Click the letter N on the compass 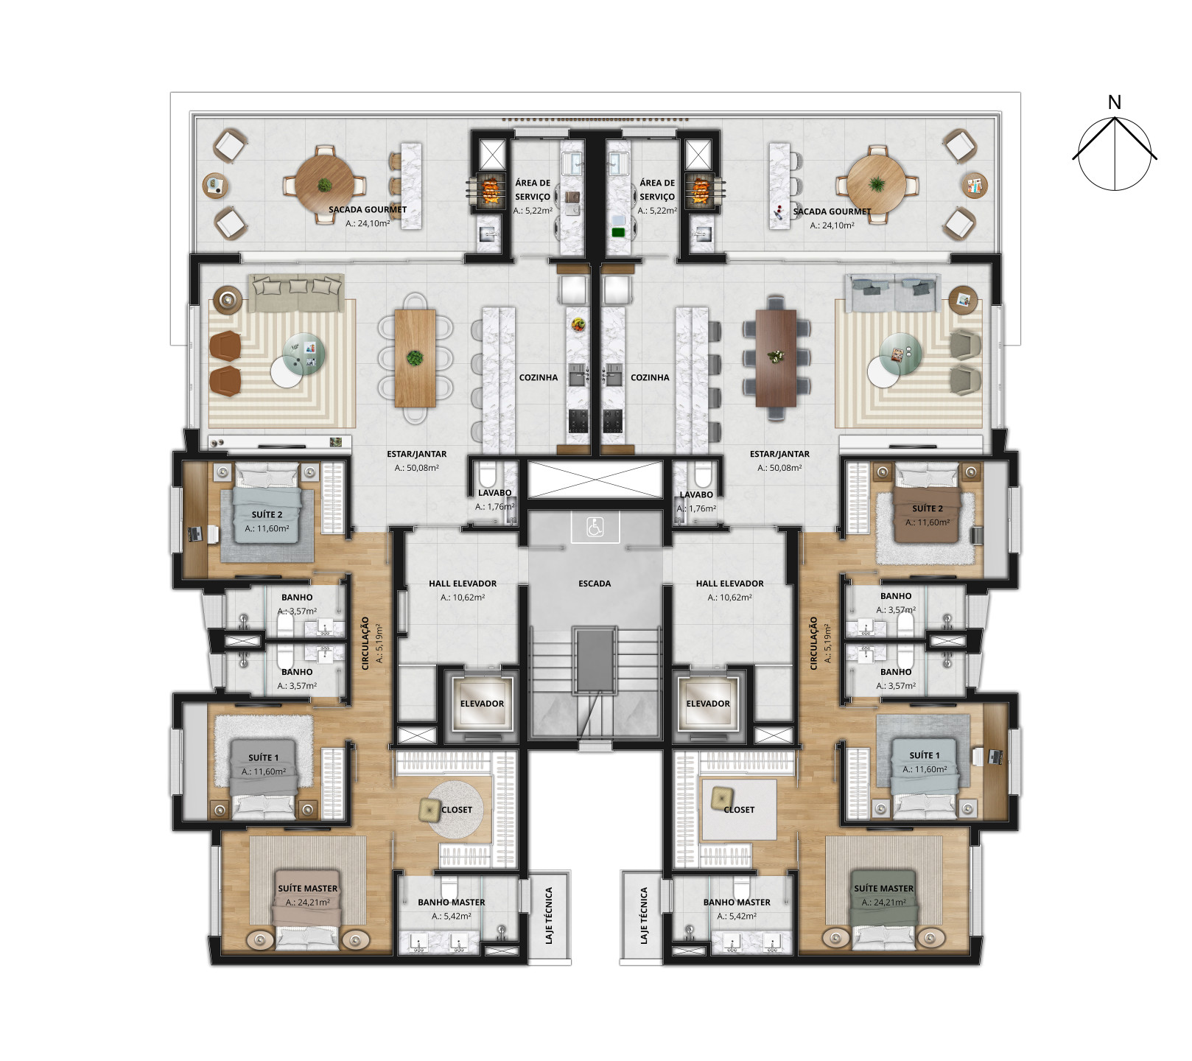(1115, 103)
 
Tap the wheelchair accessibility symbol (595, 528)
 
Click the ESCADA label (595, 584)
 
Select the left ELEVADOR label (482, 704)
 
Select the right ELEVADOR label (708, 704)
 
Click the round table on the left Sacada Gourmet (325, 184)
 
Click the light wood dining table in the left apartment (416, 358)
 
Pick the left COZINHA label (539, 377)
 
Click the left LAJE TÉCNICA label (549, 916)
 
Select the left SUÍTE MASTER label (308, 889)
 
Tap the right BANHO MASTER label (737, 903)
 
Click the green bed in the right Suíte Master (883, 906)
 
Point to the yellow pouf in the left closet (429, 810)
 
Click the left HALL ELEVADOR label (463, 584)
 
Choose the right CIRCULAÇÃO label (814, 643)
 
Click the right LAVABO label (696, 495)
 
